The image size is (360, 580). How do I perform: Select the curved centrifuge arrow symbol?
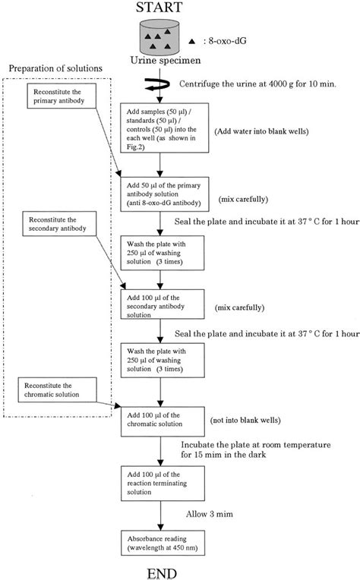159,86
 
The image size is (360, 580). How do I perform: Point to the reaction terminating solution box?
159,484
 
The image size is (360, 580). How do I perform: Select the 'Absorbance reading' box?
159,540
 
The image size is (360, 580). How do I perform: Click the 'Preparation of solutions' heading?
56,69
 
